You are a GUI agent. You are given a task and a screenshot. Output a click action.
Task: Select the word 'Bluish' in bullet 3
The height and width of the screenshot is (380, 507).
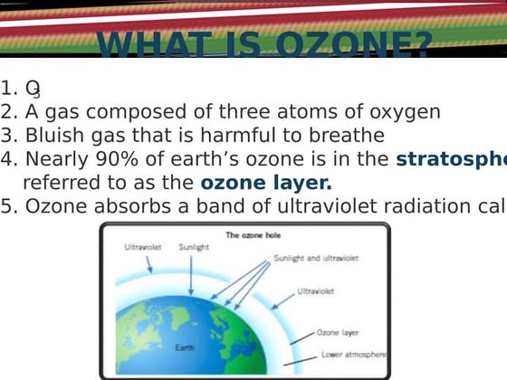pos(55,136)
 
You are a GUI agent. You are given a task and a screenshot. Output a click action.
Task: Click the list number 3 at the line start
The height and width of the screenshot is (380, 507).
pos(9,136)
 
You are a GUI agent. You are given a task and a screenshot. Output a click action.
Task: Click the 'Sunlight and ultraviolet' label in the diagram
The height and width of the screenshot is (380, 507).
pos(316,258)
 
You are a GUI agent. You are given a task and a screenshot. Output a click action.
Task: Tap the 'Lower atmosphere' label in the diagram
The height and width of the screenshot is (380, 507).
pos(353,355)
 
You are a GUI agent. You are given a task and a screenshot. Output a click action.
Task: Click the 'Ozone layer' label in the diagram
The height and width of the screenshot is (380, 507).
pos(338,333)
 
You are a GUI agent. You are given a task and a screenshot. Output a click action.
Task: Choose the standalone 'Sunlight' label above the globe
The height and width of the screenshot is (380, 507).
pos(194,246)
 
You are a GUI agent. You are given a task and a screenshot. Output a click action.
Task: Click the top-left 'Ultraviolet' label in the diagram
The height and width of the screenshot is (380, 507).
pos(142,246)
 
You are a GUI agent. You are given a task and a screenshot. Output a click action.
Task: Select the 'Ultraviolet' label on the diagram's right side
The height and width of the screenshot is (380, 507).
pos(316,291)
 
